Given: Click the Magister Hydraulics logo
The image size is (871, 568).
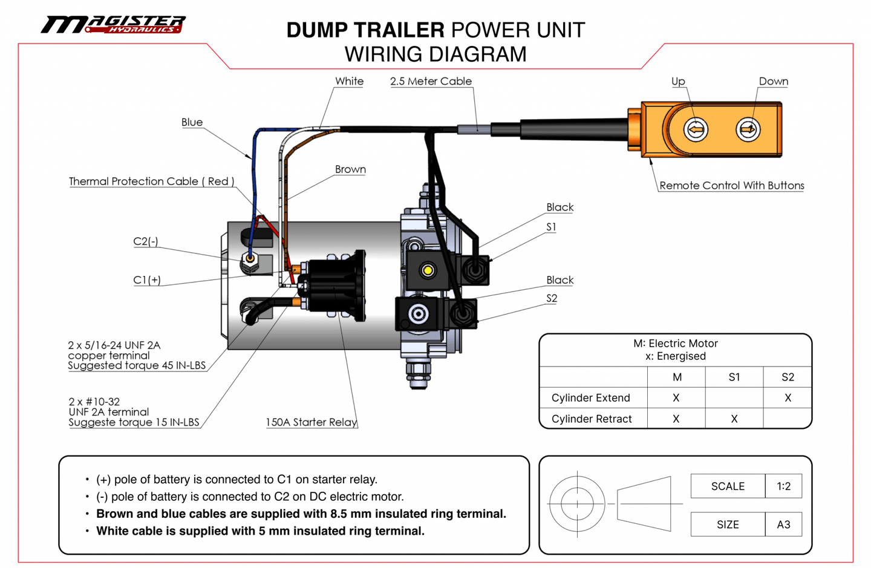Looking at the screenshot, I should click(113, 24).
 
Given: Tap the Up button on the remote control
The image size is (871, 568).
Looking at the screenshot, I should click(696, 129).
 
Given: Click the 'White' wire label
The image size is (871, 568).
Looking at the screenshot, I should click(349, 81).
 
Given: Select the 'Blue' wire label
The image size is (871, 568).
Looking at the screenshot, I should click(192, 122).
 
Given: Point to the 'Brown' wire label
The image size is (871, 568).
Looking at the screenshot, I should click(350, 169).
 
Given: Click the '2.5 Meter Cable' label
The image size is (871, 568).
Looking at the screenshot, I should click(431, 81).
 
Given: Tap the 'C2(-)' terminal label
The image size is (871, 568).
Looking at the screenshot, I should click(146, 241).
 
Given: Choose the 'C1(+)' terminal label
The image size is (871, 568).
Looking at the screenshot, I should click(147, 280).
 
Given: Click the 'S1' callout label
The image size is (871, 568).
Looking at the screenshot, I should click(551, 227).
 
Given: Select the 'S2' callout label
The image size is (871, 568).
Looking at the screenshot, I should click(552, 298).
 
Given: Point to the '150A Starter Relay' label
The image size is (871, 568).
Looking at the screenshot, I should click(312, 422).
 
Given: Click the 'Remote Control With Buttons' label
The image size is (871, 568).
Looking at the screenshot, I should click(731, 186).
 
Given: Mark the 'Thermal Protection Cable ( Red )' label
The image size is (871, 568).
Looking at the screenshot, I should click(151, 181).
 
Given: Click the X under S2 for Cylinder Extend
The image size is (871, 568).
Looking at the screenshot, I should click(788, 398).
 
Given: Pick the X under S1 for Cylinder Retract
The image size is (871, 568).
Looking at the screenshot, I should click(734, 419).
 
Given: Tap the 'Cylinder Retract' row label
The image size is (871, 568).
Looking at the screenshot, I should click(592, 419).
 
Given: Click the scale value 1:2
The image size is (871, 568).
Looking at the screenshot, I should click(784, 486).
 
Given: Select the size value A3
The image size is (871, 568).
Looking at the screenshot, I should click(783, 524).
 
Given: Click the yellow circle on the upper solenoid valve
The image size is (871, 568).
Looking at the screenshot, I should click(428, 270).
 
